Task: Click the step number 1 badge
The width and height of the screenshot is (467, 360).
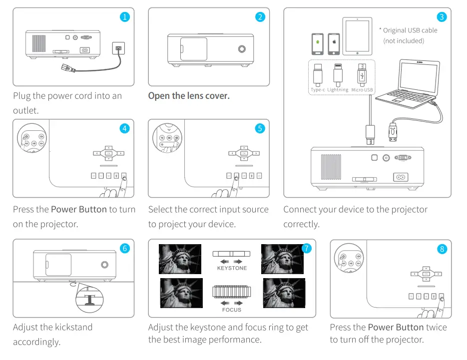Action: tap(125, 17)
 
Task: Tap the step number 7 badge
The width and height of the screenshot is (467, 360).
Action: tap(307, 248)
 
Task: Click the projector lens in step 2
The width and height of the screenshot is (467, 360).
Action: tap(242, 49)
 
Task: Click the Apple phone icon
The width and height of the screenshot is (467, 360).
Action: tap(334, 44)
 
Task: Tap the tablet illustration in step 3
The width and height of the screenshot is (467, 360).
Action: tap(357, 36)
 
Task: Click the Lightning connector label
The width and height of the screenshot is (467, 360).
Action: tap(338, 90)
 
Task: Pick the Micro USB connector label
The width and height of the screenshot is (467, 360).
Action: tap(362, 90)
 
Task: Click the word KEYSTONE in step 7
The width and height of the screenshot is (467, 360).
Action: tap(232, 268)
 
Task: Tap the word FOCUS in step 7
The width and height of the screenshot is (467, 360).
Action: tap(232, 310)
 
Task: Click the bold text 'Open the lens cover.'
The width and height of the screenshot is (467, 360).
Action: tap(189, 96)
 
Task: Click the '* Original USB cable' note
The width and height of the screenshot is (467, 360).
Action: tap(408, 30)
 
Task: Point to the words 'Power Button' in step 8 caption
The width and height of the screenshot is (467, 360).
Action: tap(396, 328)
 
